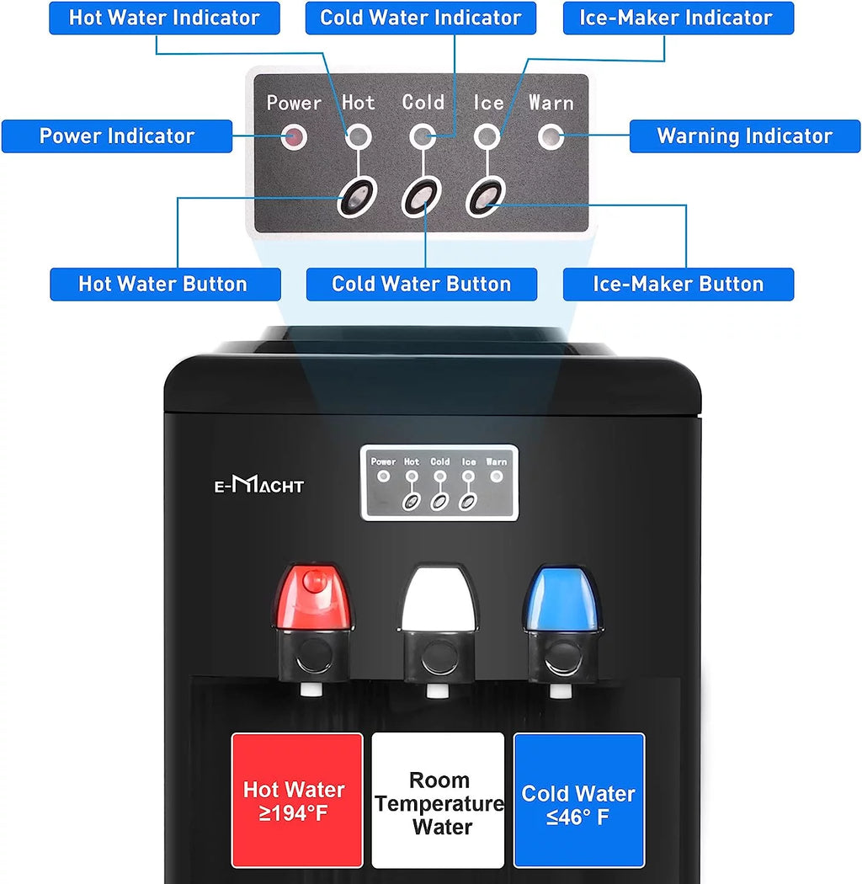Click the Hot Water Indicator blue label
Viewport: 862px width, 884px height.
pos(164,18)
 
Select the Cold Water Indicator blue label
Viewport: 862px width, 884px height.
pos(421,18)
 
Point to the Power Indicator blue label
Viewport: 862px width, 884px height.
pos(117,136)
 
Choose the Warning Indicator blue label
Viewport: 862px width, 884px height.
pos(744,136)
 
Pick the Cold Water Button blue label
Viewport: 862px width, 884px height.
pos(421,285)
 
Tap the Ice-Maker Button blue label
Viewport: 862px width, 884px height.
pos(678,285)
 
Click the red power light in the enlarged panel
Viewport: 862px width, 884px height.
pos(294,136)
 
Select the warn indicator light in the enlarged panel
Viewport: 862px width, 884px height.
pos(551,136)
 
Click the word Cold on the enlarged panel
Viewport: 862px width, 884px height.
pos(423,103)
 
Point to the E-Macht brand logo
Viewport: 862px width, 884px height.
pos(258,485)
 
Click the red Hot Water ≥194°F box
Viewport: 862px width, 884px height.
pos(297,800)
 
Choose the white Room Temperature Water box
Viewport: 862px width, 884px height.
pos(438,800)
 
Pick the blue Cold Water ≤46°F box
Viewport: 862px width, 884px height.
pos(579,800)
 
